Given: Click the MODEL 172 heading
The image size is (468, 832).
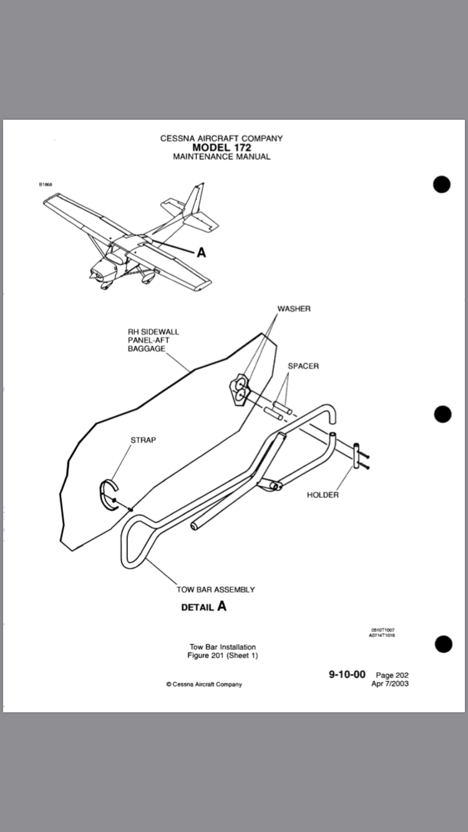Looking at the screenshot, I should coord(222,148).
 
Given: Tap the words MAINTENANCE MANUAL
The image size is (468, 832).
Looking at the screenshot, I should coord(222,157).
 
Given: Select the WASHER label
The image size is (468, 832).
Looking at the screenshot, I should coord(294,309).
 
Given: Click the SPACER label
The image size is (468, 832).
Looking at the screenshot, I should coord(303,366).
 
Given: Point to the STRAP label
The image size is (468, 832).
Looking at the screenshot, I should coord(143,440).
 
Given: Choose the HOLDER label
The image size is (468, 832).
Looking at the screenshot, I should coord(323,495).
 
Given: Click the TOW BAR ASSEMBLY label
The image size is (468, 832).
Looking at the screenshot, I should coord(216,589).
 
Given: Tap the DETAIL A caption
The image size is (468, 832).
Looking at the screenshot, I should coord(203,607).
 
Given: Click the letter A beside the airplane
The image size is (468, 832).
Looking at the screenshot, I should coord(201,253).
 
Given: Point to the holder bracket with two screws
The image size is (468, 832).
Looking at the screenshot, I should coord(357,456).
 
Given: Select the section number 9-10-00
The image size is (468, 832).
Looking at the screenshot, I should coord(347,675).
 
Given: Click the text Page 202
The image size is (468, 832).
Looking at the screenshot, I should coord(392,675).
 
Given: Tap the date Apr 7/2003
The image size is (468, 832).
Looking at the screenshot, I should coord(390,684).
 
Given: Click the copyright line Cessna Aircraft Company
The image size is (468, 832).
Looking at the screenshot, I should coord(204,684).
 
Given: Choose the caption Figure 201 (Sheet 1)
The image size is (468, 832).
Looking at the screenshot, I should coord(223,655).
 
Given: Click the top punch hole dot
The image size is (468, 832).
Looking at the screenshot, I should coord(442,185).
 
